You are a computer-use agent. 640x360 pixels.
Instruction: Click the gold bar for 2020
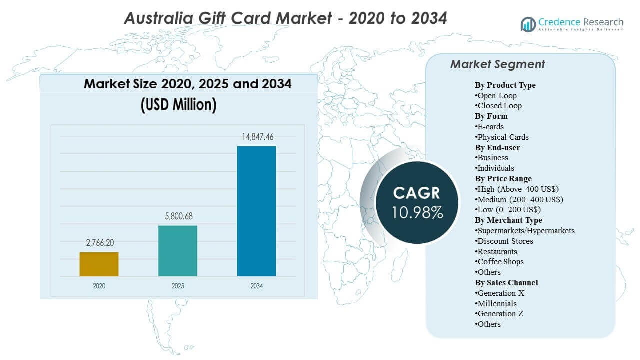click(x=99, y=264)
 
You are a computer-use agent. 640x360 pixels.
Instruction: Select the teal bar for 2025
click(x=178, y=251)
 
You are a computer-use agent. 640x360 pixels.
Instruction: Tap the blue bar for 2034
click(x=256, y=211)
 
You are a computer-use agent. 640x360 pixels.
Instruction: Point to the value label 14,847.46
click(x=256, y=137)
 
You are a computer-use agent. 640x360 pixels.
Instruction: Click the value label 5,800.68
click(x=178, y=216)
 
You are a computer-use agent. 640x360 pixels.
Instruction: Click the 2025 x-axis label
click(x=178, y=286)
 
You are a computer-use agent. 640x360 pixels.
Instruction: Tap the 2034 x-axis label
click(x=256, y=286)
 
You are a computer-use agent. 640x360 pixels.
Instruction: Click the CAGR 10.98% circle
click(x=418, y=202)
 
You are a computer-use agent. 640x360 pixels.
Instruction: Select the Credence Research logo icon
click(x=528, y=24)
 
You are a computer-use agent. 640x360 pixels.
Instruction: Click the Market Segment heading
click(x=497, y=64)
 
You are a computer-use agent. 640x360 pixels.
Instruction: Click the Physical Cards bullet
click(x=502, y=137)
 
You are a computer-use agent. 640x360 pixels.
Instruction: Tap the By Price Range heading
click(x=503, y=178)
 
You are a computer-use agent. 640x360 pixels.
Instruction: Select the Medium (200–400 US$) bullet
click(x=519, y=199)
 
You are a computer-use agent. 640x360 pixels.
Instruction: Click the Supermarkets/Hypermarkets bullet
click(x=525, y=230)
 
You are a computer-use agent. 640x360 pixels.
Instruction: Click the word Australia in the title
click(x=157, y=18)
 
